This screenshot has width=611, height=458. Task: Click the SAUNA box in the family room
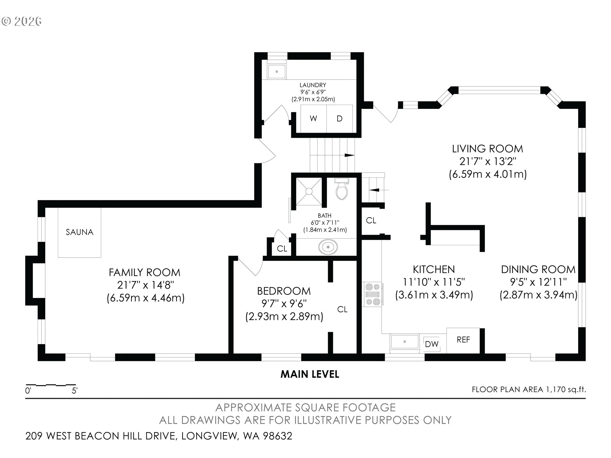(x=80, y=232)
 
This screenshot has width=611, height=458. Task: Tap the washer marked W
(x=314, y=118)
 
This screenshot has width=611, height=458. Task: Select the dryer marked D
(x=340, y=118)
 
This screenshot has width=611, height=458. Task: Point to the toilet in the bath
(x=342, y=189)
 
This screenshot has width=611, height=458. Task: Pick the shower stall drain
(x=309, y=191)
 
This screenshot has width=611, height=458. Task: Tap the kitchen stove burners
(x=373, y=294)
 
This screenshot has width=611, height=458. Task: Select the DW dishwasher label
(x=432, y=344)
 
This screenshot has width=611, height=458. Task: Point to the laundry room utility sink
(x=277, y=72)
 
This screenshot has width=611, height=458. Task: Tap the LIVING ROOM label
(x=488, y=149)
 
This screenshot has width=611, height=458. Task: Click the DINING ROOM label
(x=538, y=270)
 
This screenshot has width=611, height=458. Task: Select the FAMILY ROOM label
(x=144, y=273)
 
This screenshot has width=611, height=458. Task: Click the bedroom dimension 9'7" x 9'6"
(x=284, y=304)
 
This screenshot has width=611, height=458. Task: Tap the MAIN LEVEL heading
(x=310, y=374)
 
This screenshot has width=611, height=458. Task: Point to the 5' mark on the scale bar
(x=74, y=391)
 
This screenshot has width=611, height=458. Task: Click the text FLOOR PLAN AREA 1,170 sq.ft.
(x=529, y=390)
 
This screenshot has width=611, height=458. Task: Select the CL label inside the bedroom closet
(x=342, y=309)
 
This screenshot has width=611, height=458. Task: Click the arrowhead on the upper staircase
(x=350, y=155)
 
